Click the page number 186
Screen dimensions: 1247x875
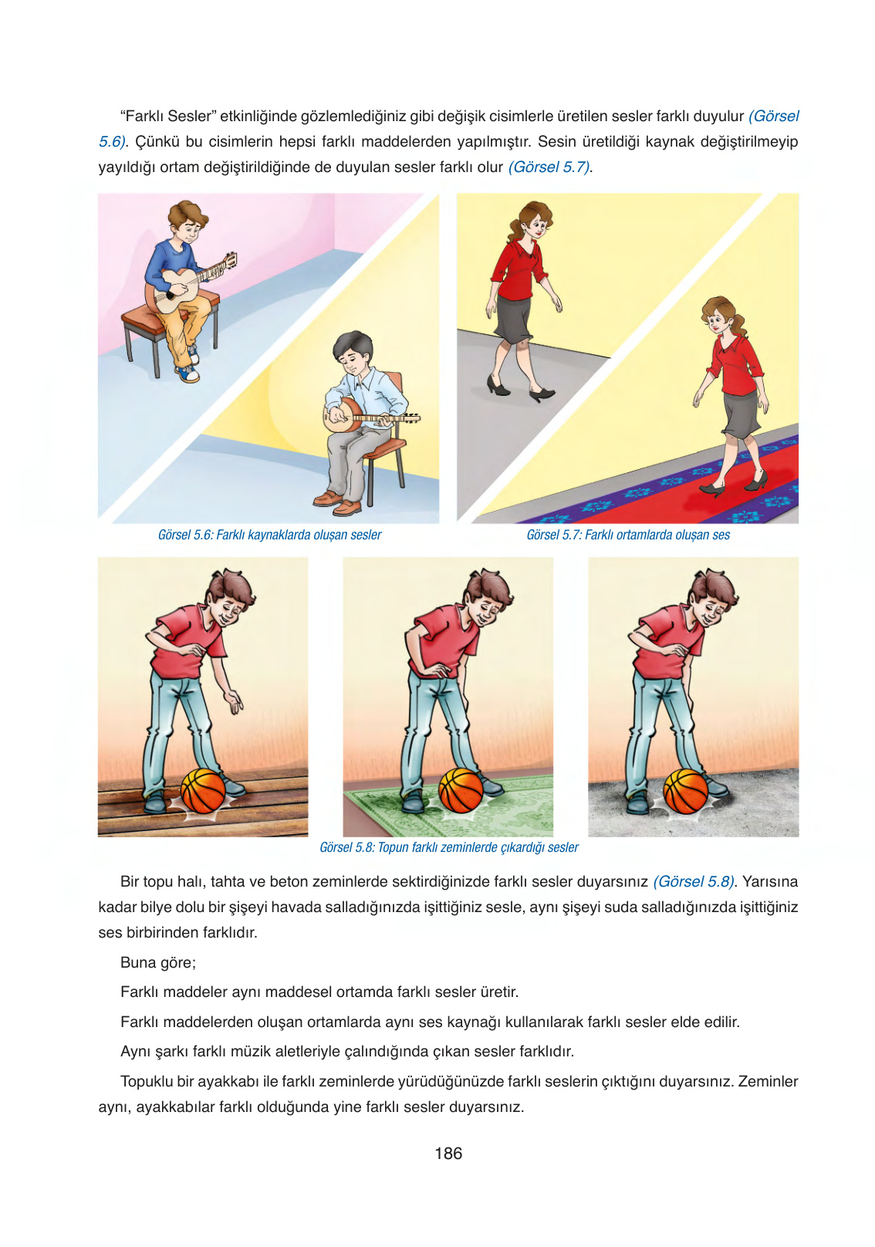448,1154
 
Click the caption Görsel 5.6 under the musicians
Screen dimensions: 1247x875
269,535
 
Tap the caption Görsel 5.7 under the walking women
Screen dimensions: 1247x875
628,535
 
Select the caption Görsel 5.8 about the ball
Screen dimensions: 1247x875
448,847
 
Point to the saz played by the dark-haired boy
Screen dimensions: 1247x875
363,417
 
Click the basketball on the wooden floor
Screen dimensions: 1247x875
203,791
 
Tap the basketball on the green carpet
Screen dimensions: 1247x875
461,791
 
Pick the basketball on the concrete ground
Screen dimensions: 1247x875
685,791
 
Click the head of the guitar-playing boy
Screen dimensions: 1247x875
187,221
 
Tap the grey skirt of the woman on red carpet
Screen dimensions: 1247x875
742,414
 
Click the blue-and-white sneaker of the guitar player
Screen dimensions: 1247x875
187,374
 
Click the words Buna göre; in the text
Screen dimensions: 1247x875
158,962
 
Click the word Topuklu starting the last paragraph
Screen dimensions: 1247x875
147,1081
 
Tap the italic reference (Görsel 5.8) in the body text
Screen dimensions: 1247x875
694,881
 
